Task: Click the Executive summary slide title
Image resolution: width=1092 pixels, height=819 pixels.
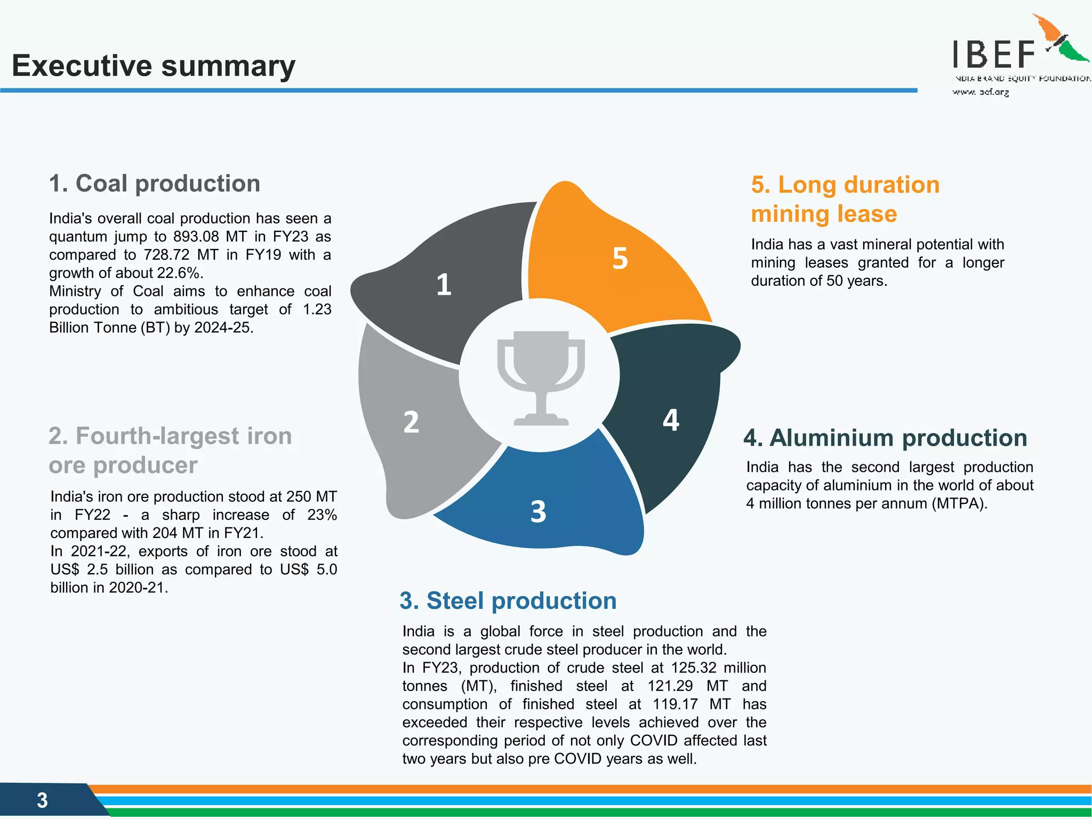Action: click(154, 66)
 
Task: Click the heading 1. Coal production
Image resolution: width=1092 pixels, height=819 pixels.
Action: click(155, 183)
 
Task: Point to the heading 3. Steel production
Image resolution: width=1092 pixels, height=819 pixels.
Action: click(508, 600)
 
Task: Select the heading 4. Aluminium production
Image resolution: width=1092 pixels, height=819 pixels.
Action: click(885, 438)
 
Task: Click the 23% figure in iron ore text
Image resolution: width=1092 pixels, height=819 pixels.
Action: click(322, 515)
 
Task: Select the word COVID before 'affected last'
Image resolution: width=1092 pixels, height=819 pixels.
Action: click(654, 741)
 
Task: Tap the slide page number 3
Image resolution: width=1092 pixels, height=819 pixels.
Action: click(42, 800)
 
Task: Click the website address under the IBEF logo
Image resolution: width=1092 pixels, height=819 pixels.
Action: click(981, 92)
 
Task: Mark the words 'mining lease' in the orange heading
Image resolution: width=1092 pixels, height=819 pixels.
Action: click(824, 214)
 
